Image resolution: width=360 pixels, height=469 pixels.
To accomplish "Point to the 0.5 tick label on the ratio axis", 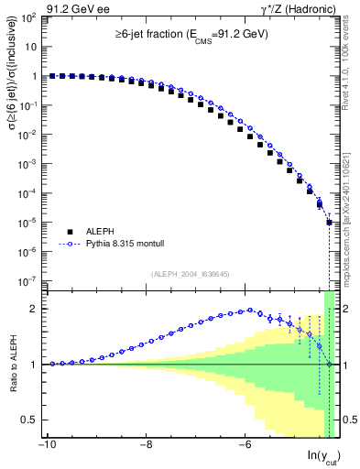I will (32, 420).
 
